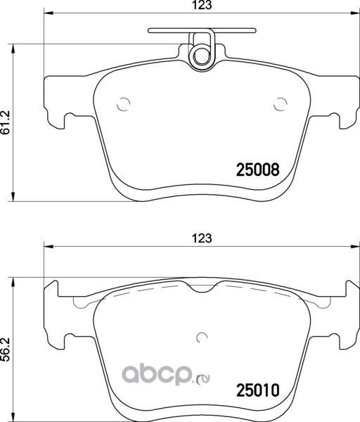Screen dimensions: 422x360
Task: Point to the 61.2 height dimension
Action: click(x=6, y=120)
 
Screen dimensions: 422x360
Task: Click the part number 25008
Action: click(x=257, y=170)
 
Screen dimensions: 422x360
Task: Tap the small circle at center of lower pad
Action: click(x=202, y=336)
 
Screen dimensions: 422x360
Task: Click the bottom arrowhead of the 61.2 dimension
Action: click(x=16, y=196)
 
